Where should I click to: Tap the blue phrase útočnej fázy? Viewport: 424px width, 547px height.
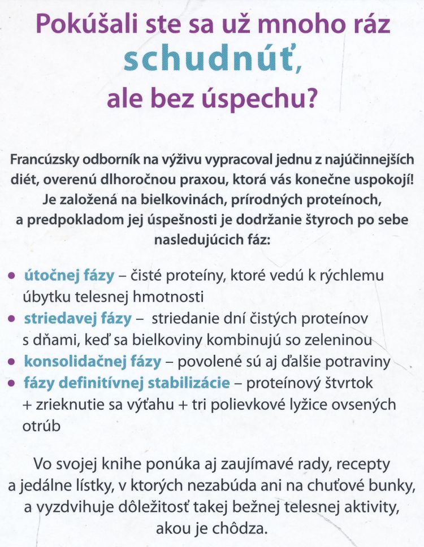[x=68, y=276]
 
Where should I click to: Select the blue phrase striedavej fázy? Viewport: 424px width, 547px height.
[x=77, y=319]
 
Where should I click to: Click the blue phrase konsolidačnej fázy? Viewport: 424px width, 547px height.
[x=92, y=362]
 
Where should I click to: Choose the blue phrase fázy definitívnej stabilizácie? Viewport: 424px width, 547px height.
[x=127, y=383]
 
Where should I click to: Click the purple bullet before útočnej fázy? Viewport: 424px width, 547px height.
[x=12, y=276]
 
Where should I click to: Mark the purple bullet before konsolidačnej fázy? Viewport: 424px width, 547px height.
[x=12, y=362]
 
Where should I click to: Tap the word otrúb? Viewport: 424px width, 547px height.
[x=40, y=426]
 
